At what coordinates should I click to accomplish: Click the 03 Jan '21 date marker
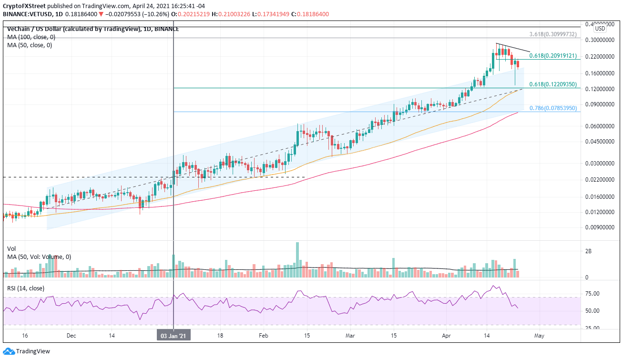173,335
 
